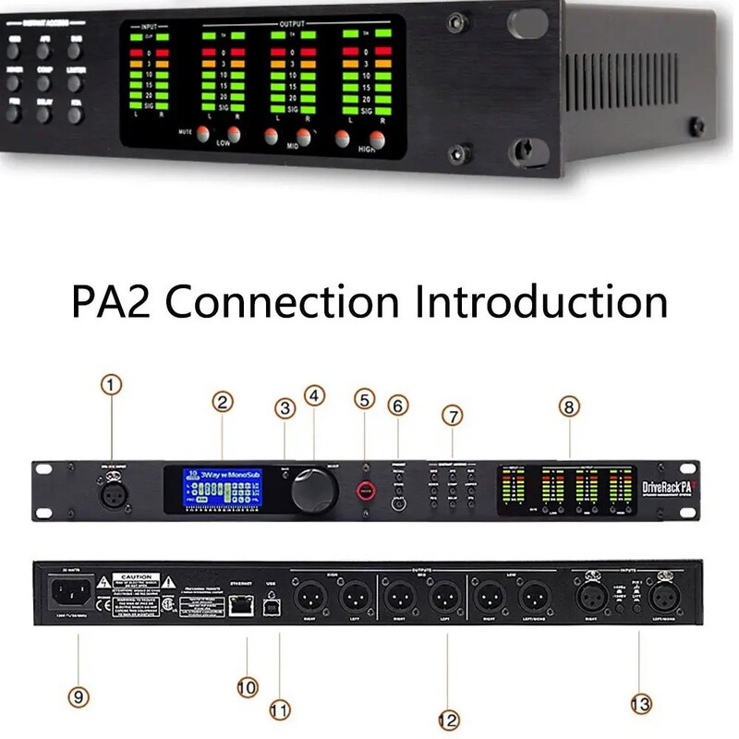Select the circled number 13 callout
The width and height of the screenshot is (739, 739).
click(640, 704)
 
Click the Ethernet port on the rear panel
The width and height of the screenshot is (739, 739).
click(240, 606)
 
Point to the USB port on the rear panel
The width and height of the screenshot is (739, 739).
click(271, 606)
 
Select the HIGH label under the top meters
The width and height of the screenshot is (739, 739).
click(368, 158)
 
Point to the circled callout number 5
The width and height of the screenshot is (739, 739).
click(365, 398)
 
